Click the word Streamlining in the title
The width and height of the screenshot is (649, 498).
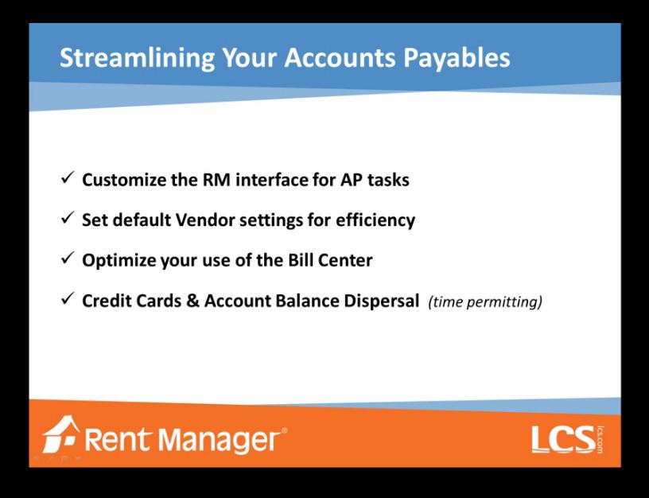pyautogui.click(x=137, y=58)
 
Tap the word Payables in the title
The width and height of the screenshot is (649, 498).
pyautogui.click(x=457, y=58)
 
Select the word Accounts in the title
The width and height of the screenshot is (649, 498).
pyautogui.click(x=340, y=56)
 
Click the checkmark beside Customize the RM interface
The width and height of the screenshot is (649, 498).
pyautogui.click(x=68, y=178)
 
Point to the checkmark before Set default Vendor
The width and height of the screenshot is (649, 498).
pyautogui.click(x=68, y=218)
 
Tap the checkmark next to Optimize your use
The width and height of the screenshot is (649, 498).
pyautogui.click(x=68, y=259)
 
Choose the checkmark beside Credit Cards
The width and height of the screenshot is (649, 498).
pyautogui.click(x=68, y=298)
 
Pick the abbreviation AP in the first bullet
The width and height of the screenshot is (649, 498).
pyautogui.click(x=352, y=180)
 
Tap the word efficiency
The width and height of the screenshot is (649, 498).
pyautogui.click(x=375, y=220)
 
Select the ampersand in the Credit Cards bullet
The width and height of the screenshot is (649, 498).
pyautogui.click(x=192, y=301)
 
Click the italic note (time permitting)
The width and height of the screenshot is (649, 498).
pyautogui.click(x=485, y=302)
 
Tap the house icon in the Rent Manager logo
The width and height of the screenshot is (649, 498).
pyautogui.click(x=60, y=434)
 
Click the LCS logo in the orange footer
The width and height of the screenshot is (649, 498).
pyautogui.click(x=567, y=439)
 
